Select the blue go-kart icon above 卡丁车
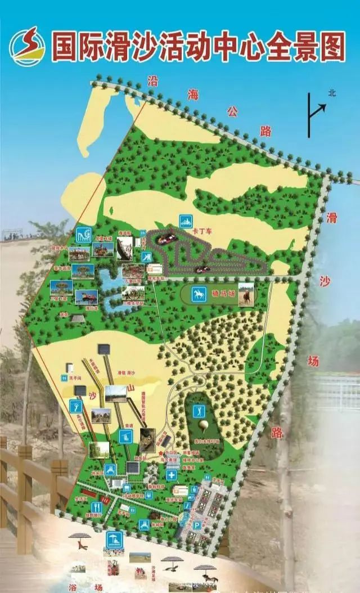(186, 221)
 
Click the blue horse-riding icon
(199, 294)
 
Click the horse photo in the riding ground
(245, 294)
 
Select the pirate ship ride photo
(124, 248)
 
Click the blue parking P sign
(197, 525)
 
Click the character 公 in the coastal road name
(232, 111)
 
